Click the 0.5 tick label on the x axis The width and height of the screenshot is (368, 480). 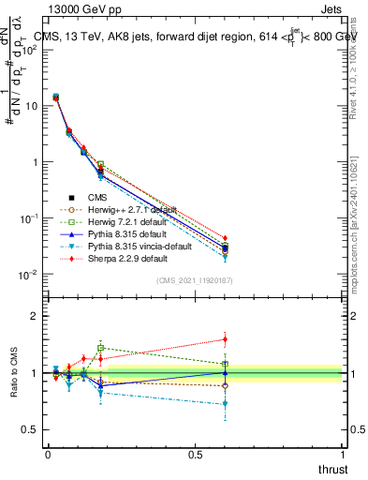pyautogui.click(x=195, y=454)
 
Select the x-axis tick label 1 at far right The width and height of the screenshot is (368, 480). pyautogui.click(x=343, y=454)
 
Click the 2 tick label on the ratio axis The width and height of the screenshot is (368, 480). pyautogui.click(x=36, y=316)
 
